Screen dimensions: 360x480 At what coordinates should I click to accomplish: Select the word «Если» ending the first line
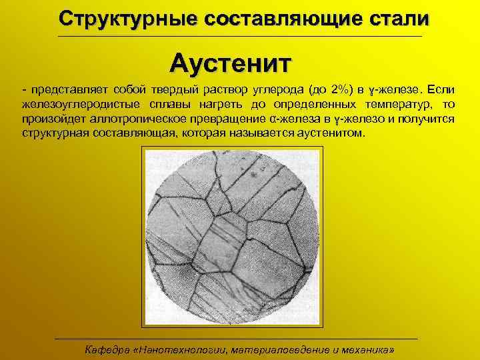point(441,90)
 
